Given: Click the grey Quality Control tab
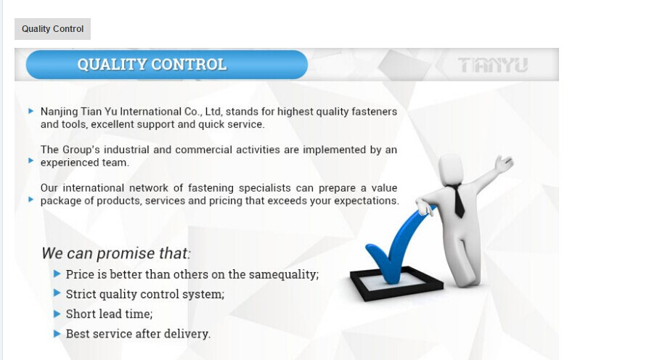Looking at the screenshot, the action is (x=52, y=29).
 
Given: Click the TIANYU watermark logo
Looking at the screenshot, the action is (x=493, y=65).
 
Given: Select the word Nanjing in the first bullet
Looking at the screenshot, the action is (x=59, y=112).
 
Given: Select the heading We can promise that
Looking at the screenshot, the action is (x=115, y=253).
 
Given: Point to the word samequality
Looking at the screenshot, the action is (x=284, y=274).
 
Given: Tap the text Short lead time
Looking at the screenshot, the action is (x=109, y=314).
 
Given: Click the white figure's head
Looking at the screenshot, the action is (x=452, y=170).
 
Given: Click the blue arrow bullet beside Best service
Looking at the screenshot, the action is (x=57, y=334).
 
